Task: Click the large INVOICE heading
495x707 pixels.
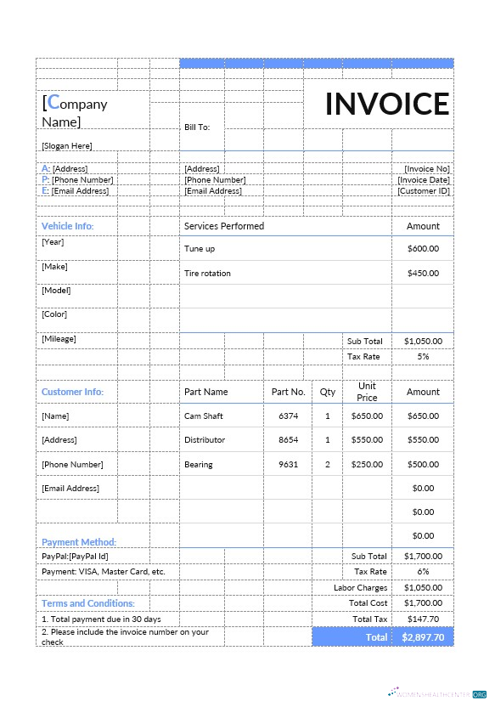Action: coord(387,104)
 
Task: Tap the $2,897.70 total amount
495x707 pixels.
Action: coord(423,637)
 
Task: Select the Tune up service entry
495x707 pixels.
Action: coord(200,249)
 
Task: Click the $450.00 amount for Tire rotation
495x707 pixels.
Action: coord(423,274)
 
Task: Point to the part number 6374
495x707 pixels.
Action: coord(289,416)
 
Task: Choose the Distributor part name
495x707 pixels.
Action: coord(205,440)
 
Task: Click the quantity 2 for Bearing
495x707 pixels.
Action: coord(328,465)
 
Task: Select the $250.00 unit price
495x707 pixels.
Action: coord(367,465)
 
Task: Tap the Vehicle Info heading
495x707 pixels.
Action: coord(68,226)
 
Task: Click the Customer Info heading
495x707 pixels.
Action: coord(72,392)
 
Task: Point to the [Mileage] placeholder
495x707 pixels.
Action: coord(59,339)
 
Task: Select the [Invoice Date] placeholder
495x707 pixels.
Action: coord(424,180)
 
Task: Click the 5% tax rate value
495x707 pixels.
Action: coord(423,357)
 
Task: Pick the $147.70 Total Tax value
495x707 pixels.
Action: coord(423,619)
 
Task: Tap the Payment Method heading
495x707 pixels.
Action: coord(79,542)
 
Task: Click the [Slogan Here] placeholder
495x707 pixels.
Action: coord(67,146)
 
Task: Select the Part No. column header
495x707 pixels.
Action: coord(288,392)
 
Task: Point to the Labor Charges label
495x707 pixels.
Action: coord(360,588)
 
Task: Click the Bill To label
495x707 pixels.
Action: coord(197,127)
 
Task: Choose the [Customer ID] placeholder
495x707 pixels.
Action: coord(424,191)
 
